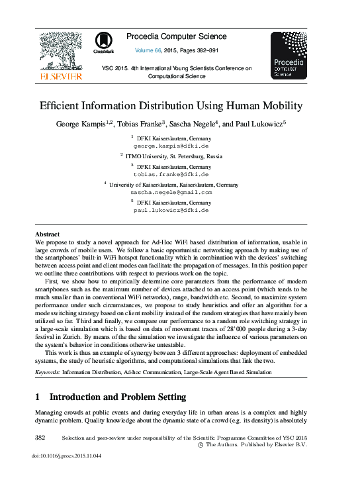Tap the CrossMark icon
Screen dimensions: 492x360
(x=103, y=42)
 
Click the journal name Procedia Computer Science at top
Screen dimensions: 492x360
(x=176, y=36)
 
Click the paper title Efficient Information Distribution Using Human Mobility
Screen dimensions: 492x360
(x=171, y=106)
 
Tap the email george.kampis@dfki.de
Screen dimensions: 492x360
(x=171, y=144)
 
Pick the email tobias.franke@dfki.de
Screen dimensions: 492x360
(x=171, y=174)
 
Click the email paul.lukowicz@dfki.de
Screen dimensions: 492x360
(x=171, y=209)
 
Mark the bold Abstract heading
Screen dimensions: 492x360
(x=47, y=234)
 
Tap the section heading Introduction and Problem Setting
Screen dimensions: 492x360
(x=118, y=397)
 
